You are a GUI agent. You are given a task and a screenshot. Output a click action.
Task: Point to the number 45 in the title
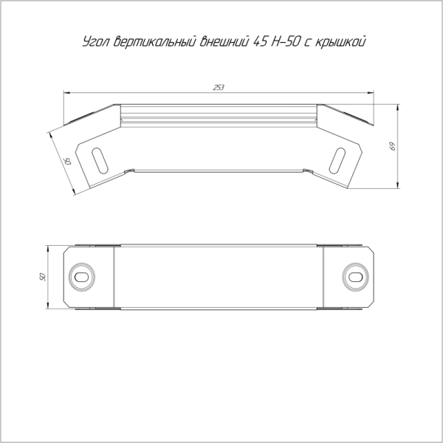pyautogui.click(x=260, y=41)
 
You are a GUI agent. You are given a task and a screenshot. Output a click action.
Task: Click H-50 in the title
pyautogui.click(x=286, y=41)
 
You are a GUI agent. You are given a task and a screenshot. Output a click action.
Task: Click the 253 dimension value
pyautogui.click(x=219, y=88)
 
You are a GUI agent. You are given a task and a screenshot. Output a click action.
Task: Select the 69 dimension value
pyautogui.click(x=392, y=146)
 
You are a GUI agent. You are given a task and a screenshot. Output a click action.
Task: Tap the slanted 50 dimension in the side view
pyautogui.click(x=68, y=161)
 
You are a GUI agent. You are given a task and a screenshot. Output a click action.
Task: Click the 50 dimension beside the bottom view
pyautogui.click(x=42, y=277)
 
